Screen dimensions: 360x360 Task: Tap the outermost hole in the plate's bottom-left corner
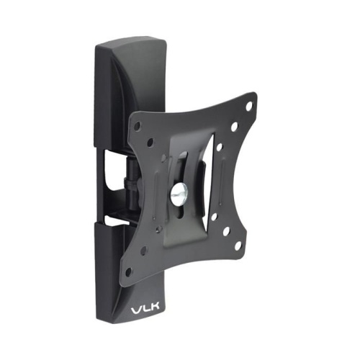coord(129,273)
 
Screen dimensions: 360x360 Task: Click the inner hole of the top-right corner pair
coord(234,127)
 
